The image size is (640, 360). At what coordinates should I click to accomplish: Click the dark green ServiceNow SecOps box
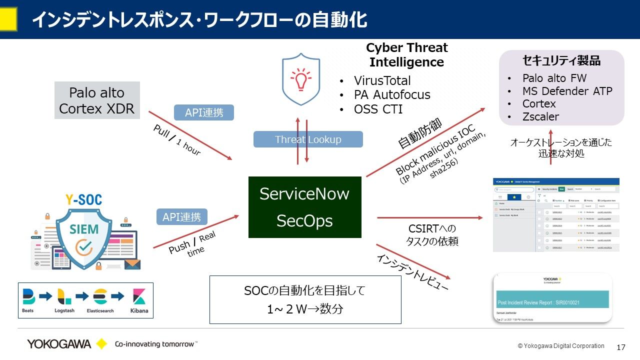click(x=304, y=207)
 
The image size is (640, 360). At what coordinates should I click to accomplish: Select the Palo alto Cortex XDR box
click(x=97, y=100)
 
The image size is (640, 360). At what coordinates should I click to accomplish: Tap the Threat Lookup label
click(x=308, y=139)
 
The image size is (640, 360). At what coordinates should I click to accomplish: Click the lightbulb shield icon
click(x=301, y=79)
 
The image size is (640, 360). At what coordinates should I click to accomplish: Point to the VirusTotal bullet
click(x=382, y=81)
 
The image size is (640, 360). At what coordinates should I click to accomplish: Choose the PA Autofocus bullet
click(x=391, y=95)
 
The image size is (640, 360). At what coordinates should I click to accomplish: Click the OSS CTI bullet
click(x=377, y=109)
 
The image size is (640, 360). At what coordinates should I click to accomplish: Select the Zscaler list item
click(x=540, y=117)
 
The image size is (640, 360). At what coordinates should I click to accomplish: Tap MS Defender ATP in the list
click(x=567, y=91)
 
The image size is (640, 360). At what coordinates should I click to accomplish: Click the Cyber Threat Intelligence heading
click(x=406, y=55)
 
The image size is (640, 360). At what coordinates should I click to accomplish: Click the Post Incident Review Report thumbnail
click(x=552, y=298)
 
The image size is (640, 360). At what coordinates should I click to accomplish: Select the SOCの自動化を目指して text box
click(x=305, y=299)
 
